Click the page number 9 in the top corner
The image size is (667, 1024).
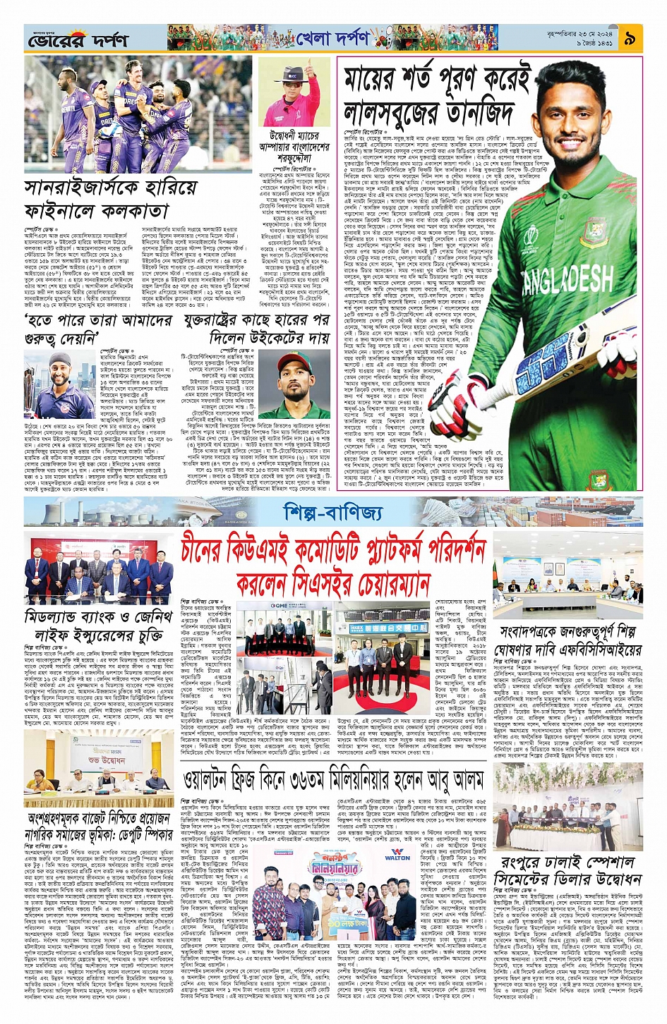[x=629, y=39]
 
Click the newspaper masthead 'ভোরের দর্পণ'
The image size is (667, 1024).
[x=78, y=42]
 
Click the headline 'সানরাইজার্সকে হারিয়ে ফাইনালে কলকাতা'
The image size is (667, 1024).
[x=97, y=200]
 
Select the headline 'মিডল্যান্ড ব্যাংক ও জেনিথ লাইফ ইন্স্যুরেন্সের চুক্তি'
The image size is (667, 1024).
[x=98, y=625]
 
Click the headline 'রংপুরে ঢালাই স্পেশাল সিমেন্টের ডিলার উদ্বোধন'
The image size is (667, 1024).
[x=568, y=871]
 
